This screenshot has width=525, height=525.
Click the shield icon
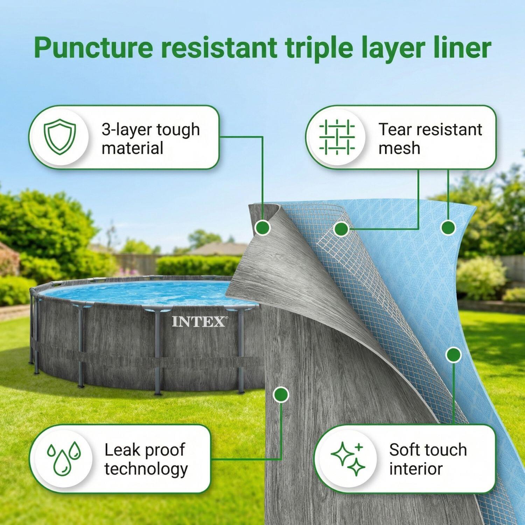(60, 136)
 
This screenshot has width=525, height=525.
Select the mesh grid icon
(337, 137)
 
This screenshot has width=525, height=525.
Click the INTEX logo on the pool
(198, 322)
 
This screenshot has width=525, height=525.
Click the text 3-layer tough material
(150, 139)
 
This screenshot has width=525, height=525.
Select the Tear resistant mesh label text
(430, 139)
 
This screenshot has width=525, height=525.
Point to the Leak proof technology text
(146, 459)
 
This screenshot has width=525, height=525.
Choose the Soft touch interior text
(428, 459)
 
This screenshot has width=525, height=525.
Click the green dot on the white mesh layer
(341, 229)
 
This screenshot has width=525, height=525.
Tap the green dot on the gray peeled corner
(262, 228)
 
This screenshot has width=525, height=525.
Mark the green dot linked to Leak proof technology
(280, 394)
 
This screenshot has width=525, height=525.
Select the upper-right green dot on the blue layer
(448, 228)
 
